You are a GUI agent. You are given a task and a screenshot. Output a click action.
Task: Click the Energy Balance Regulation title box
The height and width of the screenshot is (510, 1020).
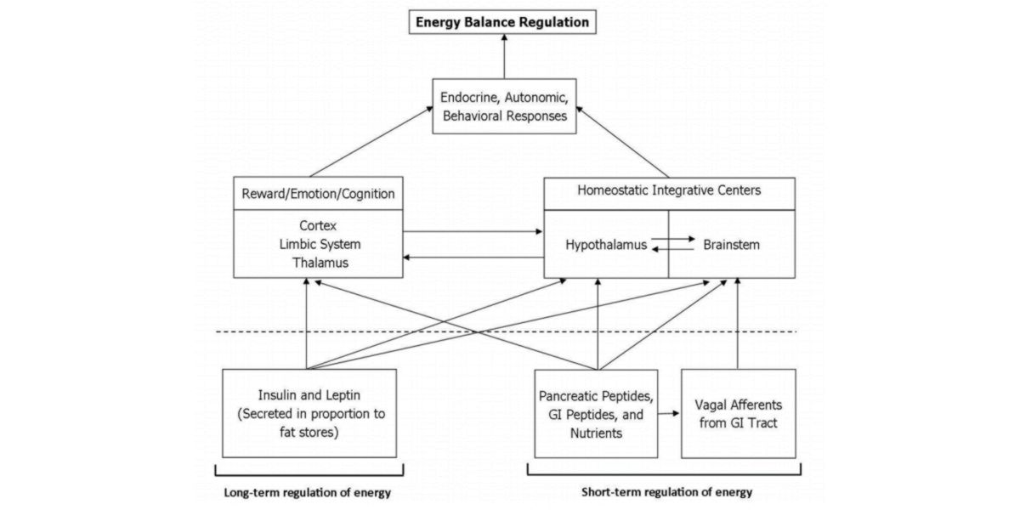(501, 21)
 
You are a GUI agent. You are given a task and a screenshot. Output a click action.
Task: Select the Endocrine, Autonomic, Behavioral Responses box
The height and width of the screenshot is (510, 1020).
(502, 105)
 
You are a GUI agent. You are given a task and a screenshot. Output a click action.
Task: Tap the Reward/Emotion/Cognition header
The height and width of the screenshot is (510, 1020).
(318, 194)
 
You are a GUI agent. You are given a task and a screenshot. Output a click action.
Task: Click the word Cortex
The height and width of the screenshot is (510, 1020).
(318, 227)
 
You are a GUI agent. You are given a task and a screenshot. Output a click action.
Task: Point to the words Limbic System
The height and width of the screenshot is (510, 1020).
(318, 245)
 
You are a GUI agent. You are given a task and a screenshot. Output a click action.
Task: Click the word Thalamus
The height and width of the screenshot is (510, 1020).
(318, 263)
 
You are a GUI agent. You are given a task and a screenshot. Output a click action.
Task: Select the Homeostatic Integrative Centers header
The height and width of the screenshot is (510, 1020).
(669, 190)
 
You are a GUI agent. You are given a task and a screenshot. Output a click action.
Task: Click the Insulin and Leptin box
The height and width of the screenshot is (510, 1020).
(309, 412)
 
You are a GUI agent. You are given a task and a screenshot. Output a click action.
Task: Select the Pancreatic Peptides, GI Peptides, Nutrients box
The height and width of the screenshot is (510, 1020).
(597, 413)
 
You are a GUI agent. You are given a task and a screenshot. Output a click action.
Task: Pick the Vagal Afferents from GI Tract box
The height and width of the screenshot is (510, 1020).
(738, 413)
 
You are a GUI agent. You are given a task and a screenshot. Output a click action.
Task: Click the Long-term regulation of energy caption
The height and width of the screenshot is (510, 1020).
(309, 492)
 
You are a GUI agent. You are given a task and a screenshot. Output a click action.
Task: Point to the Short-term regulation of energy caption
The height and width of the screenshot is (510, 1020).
(666, 492)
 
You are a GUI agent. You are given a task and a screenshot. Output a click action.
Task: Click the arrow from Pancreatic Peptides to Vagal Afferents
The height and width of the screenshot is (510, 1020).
(670, 413)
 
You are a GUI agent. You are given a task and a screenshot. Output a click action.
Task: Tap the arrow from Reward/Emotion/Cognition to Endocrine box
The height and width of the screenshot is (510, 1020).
(374, 141)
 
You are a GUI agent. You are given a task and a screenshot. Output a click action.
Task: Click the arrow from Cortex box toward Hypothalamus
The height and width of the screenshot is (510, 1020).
(472, 231)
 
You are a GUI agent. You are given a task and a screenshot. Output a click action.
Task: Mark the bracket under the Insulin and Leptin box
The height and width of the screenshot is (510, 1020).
(309, 468)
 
